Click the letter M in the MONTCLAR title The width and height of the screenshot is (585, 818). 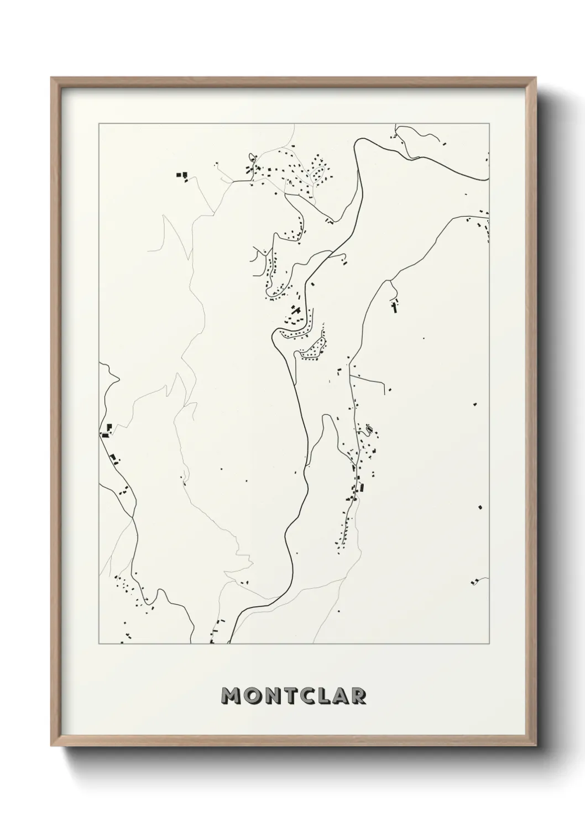231,696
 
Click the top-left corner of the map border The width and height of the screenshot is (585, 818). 99,124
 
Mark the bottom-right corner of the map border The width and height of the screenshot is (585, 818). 489,644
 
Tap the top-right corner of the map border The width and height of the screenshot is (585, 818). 489,124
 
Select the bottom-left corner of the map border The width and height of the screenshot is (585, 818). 99,644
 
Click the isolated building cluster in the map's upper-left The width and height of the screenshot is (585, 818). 182,175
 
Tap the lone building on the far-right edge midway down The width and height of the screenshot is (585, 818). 480,506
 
